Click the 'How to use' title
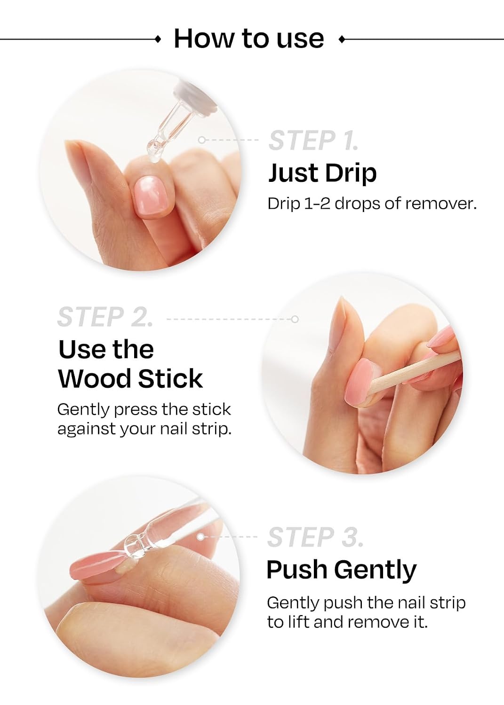248,39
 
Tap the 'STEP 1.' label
313,141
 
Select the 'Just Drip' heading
322,174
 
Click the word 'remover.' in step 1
440,204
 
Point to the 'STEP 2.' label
105,317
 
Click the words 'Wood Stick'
130,379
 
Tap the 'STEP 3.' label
315,537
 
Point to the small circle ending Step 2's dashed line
295,320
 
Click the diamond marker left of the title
159,39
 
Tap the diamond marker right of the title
342,39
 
